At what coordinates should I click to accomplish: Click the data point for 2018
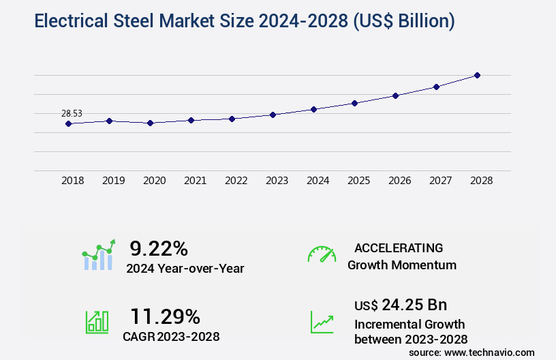pyautogui.click(x=68, y=123)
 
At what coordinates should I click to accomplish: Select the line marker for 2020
pyautogui.click(x=150, y=123)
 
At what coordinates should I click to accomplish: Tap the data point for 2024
pyautogui.click(x=313, y=109)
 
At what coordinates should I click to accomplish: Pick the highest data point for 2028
pyautogui.click(x=477, y=75)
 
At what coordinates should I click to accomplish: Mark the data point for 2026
pyautogui.click(x=395, y=95)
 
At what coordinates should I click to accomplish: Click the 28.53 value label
pyautogui.click(x=72, y=114)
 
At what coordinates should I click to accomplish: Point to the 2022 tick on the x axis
pyautogui.click(x=236, y=181)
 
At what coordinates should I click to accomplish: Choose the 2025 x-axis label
pyautogui.click(x=358, y=181)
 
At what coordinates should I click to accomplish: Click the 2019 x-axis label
pyautogui.click(x=113, y=181)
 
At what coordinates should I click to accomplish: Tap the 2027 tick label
pyautogui.click(x=440, y=181)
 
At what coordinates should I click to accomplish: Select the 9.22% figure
pyautogui.click(x=159, y=248)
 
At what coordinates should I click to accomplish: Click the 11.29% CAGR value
pyautogui.click(x=165, y=316)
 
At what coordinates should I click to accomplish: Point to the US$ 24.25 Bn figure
pyautogui.click(x=401, y=305)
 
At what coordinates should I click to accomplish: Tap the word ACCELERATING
pyautogui.click(x=399, y=247)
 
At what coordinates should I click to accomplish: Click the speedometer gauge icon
pyautogui.click(x=322, y=254)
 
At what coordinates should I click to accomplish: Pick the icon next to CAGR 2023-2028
pyautogui.click(x=96, y=322)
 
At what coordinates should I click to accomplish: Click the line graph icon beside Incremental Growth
pyautogui.click(x=322, y=322)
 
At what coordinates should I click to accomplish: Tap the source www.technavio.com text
pyautogui.click(x=472, y=352)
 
